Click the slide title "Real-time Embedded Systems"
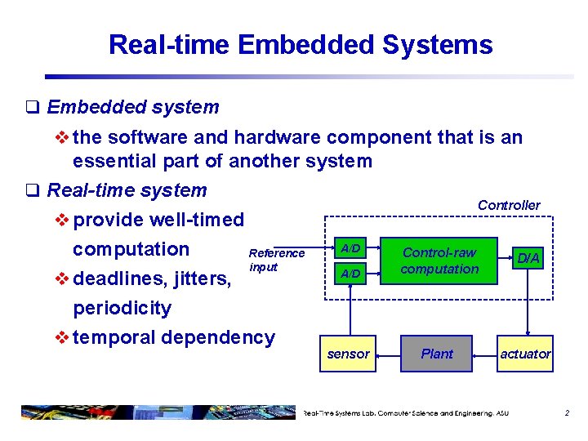[301, 44]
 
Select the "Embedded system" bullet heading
[132, 107]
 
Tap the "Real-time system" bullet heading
[127, 190]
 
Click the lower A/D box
[350, 274]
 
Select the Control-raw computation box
[440, 261]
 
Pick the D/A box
[528, 259]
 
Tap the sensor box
[348, 354]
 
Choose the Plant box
[437, 354]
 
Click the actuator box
[525, 354]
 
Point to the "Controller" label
[509, 205]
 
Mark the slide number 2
[567, 413]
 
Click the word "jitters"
[203, 278]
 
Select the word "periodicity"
[122, 308]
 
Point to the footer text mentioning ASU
[406, 413]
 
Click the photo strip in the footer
[155, 412]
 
